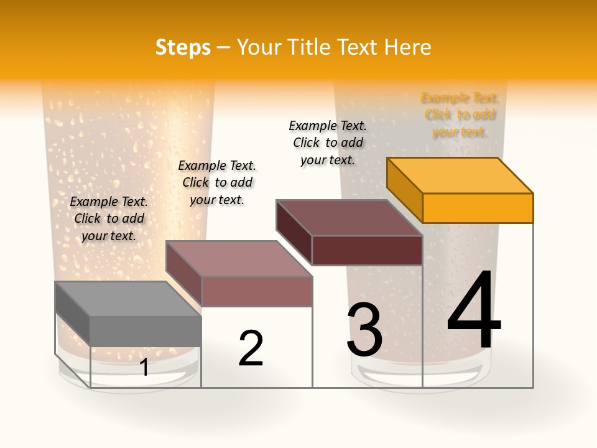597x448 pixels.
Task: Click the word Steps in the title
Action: pyautogui.click(x=183, y=47)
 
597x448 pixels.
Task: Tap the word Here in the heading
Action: pyautogui.click(x=407, y=47)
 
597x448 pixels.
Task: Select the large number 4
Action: pyautogui.click(x=474, y=311)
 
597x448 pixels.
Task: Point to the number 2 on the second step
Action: pyautogui.click(x=251, y=348)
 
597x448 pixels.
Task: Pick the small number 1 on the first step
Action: pyautogui.click(x=144, y=368)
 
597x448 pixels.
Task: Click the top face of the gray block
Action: pyautogui.click(x=128, y=299)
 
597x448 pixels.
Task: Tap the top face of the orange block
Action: pyautogui.click(x=460, y=175)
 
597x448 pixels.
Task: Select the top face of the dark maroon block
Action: pyautogui.click(x=349, y=218)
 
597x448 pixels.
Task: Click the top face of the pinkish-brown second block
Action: pyautogui.click(x=239, y=258)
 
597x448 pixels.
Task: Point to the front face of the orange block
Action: pyautogui.click(x=478, y=208)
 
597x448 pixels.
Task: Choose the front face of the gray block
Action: pyautogui.click(x=146, y=331)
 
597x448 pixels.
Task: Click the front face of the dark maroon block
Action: pyautogui.click(x=367, y=250)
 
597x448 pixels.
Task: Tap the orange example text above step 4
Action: pyautogui.click(x=460, y=114)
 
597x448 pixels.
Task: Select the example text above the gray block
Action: pyautogui.click(x=109, y=218)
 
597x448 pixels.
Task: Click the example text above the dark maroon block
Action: pyautogui.click(x=328, y=142)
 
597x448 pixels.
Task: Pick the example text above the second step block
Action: pyautogui.click(x=217, y=182)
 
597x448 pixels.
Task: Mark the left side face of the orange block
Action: pyautogui.click(x=404, y=190)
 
